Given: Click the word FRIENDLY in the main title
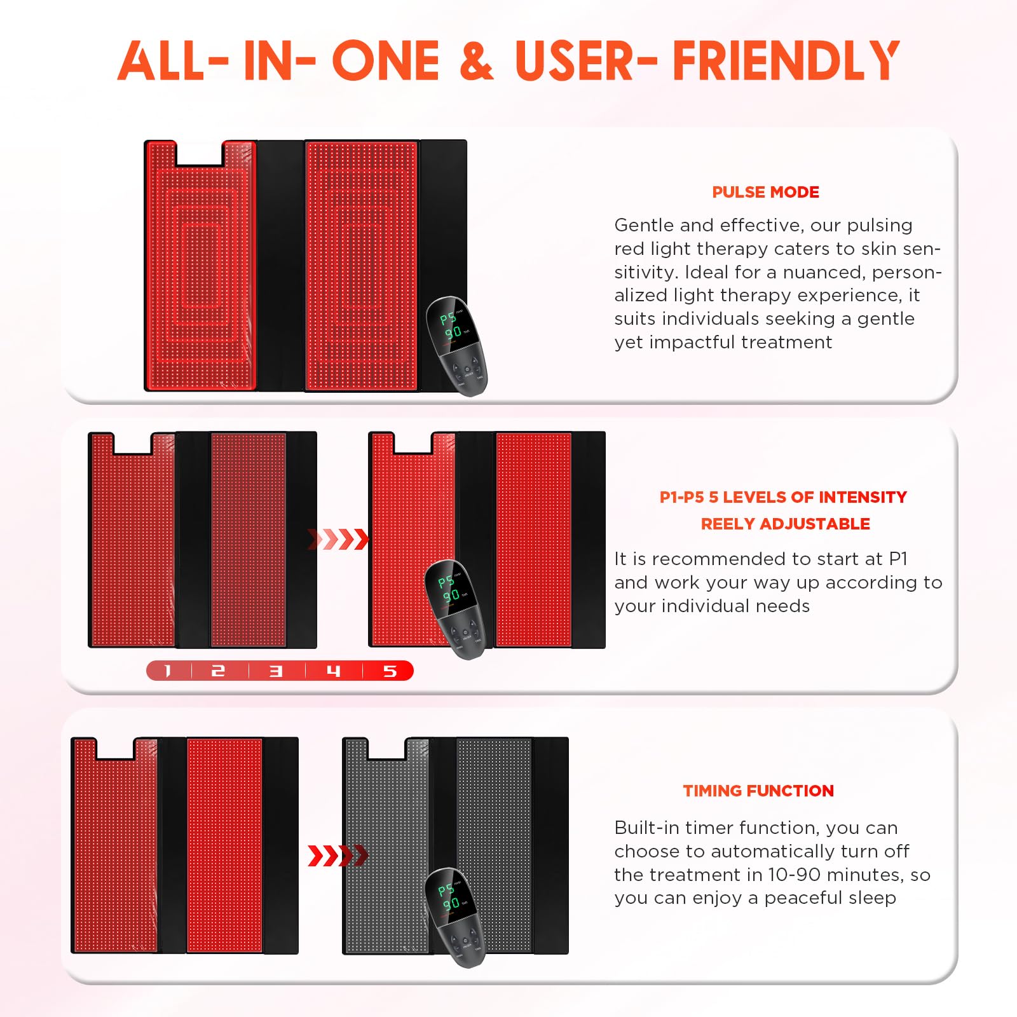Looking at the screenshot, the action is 786,61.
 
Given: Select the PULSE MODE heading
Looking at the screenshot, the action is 765,192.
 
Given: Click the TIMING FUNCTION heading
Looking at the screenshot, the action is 758,791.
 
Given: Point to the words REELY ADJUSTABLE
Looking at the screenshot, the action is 785,524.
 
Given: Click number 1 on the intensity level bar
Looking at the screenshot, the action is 168,671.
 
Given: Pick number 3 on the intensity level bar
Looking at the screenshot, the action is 276,671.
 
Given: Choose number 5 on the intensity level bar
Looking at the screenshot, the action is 390,671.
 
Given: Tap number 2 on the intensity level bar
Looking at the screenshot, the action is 218,671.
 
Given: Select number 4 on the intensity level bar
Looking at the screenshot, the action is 334,671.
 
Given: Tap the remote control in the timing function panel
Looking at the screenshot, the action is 455,917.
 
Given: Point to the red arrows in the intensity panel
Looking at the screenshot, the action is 338,539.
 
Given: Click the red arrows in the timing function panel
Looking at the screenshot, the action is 338,856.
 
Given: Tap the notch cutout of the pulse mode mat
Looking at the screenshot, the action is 199,154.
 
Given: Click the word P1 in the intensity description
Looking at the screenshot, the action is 898,559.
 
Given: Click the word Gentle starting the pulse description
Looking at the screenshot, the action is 643,225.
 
